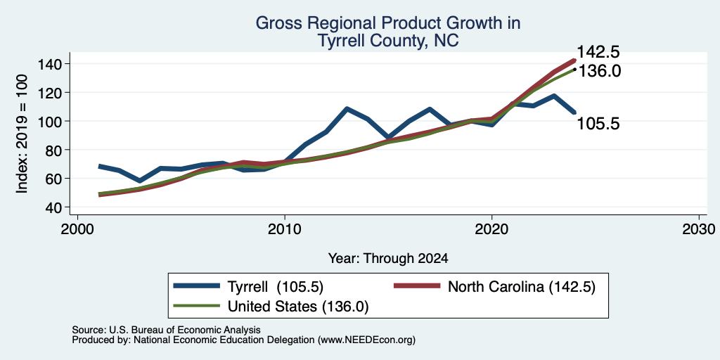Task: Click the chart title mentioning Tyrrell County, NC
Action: pos(387,32)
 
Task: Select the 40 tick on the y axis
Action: pos(54,207)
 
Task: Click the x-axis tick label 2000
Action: pos(77,229)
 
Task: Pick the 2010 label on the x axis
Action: pos(285,229)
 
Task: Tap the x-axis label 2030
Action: pos(699,229)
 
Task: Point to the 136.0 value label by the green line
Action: pos(598,71)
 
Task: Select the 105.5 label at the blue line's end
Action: pos(598,123)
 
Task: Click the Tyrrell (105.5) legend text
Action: pos(276,287)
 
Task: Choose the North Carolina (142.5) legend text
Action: pos(522,287)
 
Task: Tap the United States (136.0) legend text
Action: pos(298,307)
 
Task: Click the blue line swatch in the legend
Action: pos(197,286)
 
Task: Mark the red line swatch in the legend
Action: pos(418,286)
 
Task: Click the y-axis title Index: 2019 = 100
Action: pos(22,134)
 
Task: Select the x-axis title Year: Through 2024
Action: pos(388,259)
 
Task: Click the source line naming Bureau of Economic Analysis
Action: pos(166,330)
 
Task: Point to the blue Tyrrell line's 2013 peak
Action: pos(347,109)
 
